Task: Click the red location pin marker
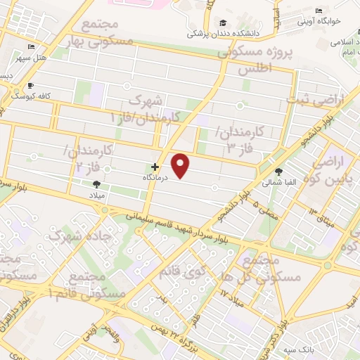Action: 181,166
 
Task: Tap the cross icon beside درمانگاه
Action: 155,167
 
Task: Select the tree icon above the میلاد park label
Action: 96,184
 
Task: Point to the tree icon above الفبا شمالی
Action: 279,171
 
